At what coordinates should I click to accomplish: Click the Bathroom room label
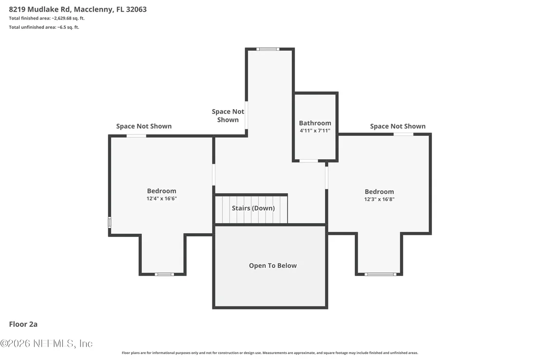pos(315,123)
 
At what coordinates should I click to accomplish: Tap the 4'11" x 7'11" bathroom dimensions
pos(315,131)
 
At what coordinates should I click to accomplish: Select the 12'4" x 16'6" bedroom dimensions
pos(161,198)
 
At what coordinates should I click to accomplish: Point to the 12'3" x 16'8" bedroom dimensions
pos(379,199)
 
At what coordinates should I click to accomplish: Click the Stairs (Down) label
pos(253,208)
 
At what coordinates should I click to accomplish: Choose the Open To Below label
pos(273,265)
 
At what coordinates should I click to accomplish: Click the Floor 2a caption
pos(23,324)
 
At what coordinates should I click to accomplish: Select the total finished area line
pos(46,18)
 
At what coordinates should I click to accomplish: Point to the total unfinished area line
pos(44,27)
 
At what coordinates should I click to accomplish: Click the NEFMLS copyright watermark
pos(46,343)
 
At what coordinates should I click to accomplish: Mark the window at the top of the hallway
pos(268,49)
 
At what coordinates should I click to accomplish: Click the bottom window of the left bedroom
pos(164,274)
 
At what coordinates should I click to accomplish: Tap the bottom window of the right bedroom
pos(381,274)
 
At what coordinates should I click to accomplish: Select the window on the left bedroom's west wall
pos(110,222)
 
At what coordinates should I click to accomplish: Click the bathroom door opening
pos(309,161)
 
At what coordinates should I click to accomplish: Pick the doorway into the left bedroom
pos(213,175)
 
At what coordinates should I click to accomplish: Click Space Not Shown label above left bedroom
pos(144,126)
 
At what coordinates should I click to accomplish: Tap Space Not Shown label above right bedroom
pos(398,126)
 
